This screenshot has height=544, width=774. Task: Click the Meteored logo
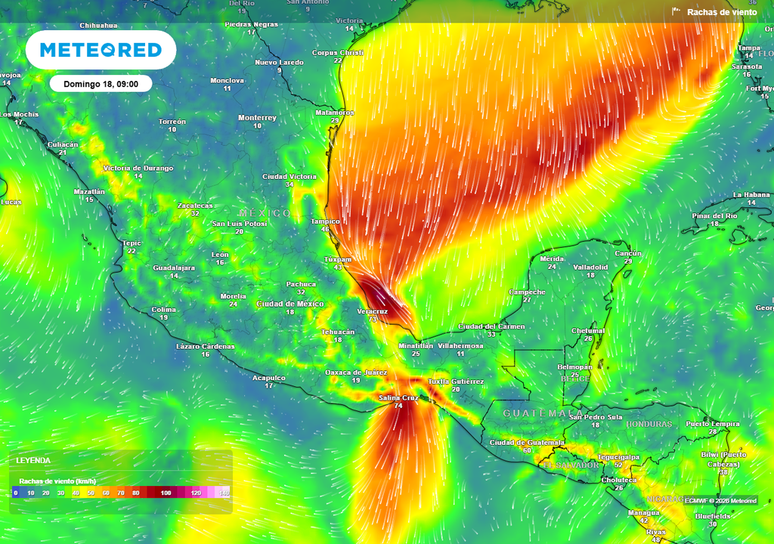tap(101, 50)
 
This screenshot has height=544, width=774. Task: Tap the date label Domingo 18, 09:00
tap(101, 84)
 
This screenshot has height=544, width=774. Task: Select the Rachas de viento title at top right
tap(721, 12)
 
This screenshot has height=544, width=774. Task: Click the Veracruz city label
tap(372, 311)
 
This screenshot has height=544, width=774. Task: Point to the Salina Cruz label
tap(398, 397)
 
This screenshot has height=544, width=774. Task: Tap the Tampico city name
tap(325, 221)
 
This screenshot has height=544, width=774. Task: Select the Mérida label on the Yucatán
tap(552, 258)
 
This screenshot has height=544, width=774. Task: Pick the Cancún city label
tap(628, 253)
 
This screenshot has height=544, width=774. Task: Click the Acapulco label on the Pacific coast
tap(268, 377)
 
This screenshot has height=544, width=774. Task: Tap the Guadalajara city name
tap(174, 267)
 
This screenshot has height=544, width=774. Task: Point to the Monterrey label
tap(257, 118)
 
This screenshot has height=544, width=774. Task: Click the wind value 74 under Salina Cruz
tap(398, 406)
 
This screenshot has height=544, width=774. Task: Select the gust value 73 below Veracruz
tap(372, 319)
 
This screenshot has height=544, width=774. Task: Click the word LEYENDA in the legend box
tap(33, 460)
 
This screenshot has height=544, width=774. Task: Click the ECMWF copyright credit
tap(720, 500)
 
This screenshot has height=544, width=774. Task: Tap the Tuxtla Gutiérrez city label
tap(456, 382)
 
